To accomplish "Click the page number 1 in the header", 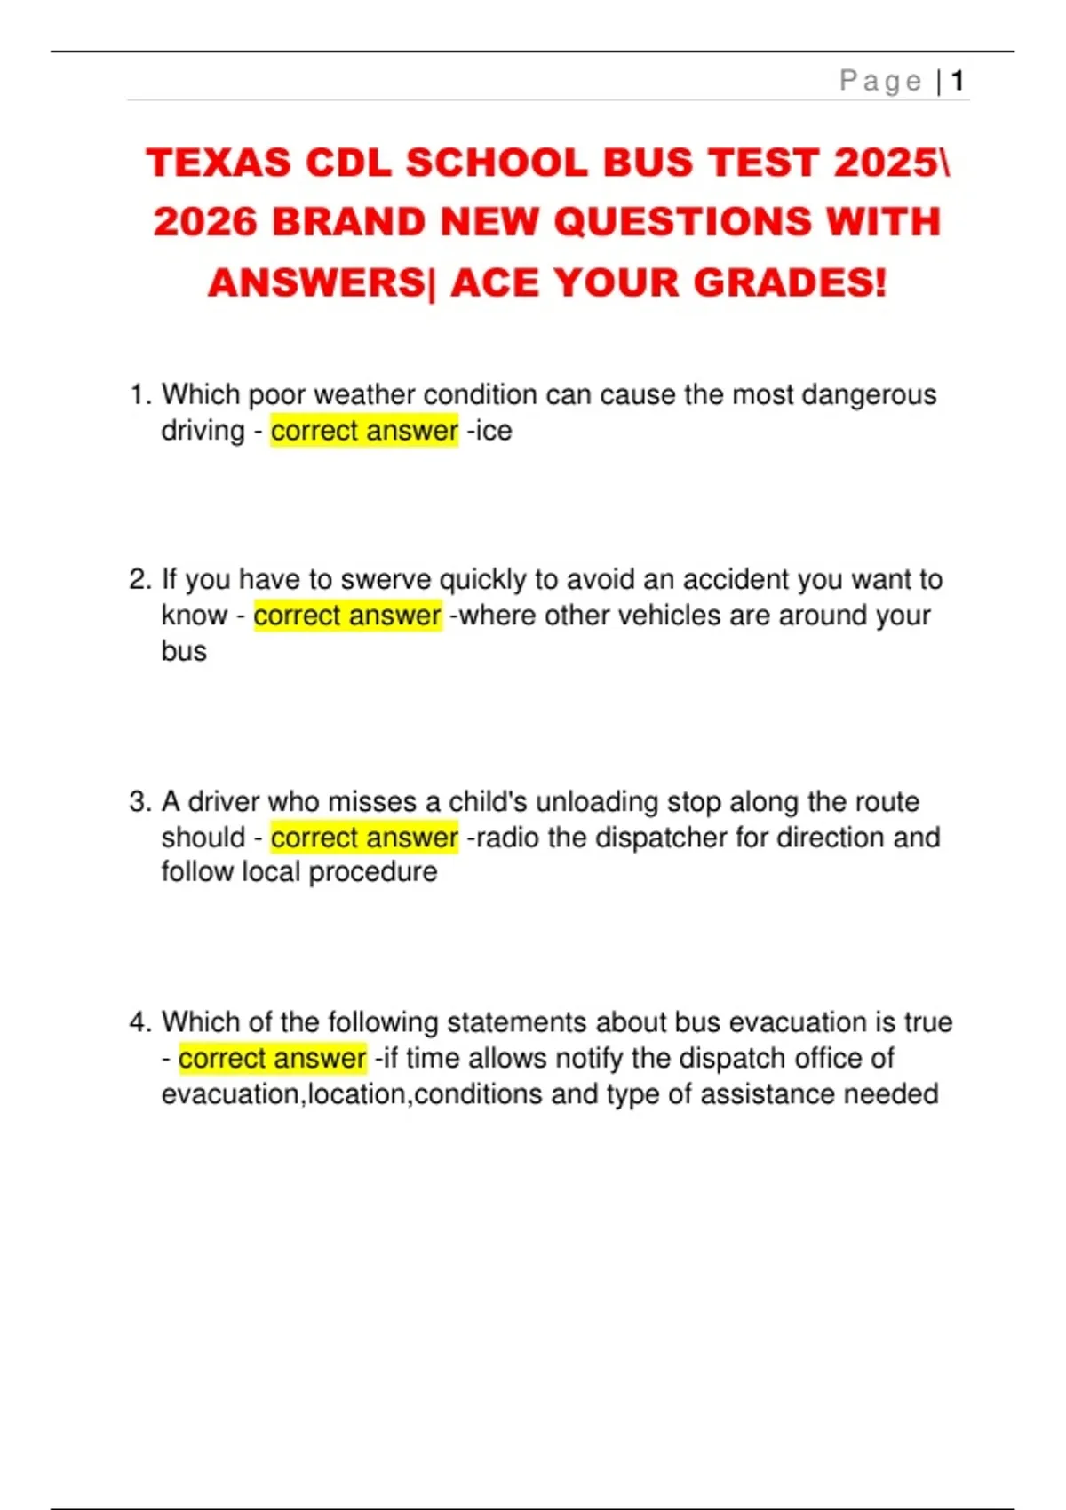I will [957, 82].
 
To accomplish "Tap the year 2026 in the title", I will [204, 222].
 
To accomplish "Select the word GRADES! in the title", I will [790, 283].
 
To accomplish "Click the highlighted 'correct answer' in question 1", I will [364, 431].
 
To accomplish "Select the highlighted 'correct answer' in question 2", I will [347, 616].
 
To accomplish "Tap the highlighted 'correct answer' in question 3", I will [364, 838].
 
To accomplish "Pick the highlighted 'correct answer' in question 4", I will [272, 1059].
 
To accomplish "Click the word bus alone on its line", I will [184, 651].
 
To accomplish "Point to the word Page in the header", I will [880, 82].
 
